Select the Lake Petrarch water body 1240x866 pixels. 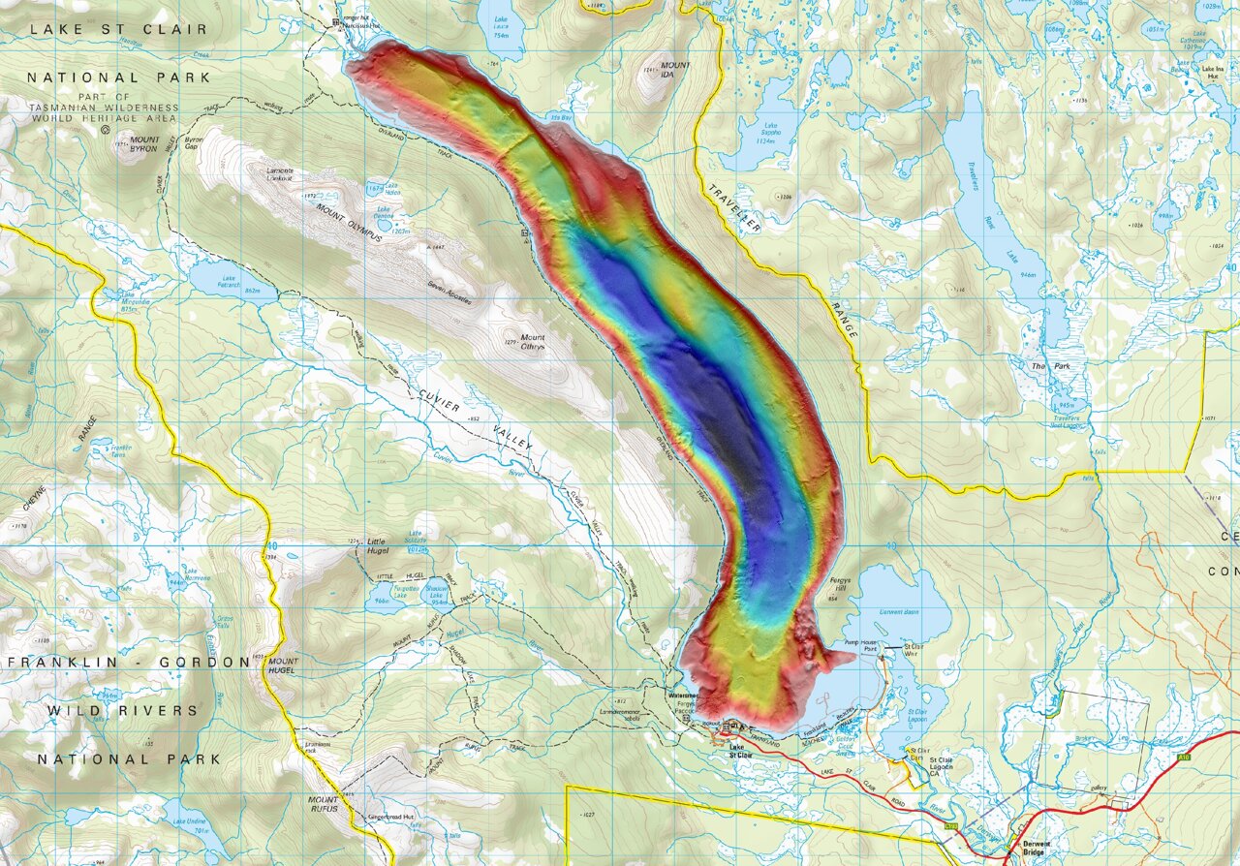[230, 281]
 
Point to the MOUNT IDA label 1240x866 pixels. [674, 71]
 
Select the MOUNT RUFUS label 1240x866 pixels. [324, 804]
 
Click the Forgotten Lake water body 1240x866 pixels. [408, 594]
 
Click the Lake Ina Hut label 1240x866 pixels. [1213, 70]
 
